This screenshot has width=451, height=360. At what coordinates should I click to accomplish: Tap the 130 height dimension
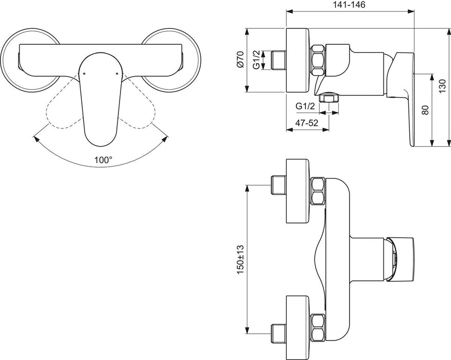point(442,87)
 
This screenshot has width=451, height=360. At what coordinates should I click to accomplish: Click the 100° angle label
point(103,160)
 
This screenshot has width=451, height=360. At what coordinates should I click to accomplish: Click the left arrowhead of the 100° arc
point(34,137)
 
